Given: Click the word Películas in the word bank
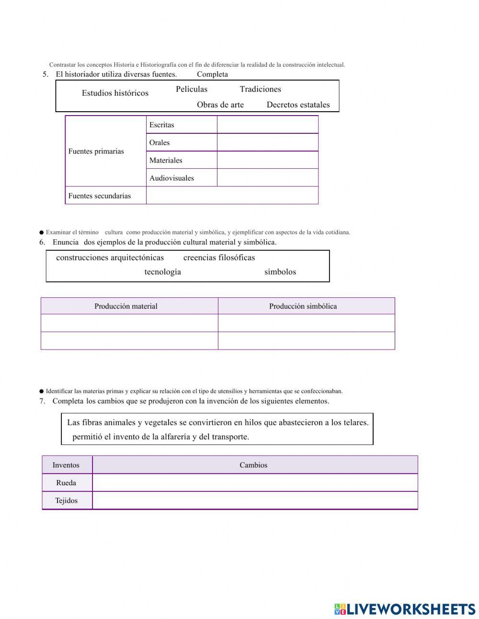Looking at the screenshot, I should [192, 89].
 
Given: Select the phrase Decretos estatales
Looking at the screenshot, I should [298, 105].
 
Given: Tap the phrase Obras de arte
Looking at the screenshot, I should [220, 105].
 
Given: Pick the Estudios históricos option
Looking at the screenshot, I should [115, 93].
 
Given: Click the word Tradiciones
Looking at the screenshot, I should [260, 89].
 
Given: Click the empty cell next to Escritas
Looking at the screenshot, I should [267, 125].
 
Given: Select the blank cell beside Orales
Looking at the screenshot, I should [267, 142].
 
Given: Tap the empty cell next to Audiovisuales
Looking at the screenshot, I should [267, 178].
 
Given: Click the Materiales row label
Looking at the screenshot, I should [166, 160].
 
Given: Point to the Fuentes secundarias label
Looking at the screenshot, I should [100, 196].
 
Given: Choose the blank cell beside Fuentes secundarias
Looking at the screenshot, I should [232, 196].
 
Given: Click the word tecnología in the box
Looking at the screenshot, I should [163, 272].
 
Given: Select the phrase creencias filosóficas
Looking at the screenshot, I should [219, 257].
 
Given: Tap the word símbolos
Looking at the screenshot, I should [280, 272].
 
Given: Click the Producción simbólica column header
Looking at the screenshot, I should [303, 306].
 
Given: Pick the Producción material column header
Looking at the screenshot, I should [126, 306].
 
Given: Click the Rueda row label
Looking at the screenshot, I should [66, 483].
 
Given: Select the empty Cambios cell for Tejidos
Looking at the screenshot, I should [254, 501].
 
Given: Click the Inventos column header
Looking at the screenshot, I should [66, 465].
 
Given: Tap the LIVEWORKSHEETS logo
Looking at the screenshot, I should [405, 609].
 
